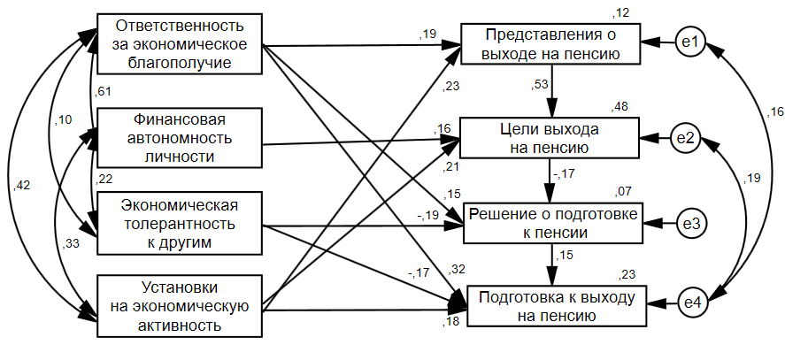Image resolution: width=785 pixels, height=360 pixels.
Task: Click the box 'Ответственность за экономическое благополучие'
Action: [180, 42]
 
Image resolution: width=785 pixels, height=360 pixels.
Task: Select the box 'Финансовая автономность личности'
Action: [180, 137]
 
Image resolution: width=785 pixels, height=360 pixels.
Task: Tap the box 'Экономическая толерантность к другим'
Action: [180, 224]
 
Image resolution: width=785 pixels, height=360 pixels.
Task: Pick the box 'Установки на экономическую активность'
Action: [180, 306]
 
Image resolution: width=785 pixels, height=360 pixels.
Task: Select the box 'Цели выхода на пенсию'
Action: [550, 137]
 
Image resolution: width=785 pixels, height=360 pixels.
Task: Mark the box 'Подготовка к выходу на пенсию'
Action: [557, 305]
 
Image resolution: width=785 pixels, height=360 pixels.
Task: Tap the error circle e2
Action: [691, 138]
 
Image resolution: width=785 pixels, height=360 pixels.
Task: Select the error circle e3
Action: [691, 224]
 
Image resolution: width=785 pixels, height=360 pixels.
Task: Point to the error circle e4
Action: [691, 305]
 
